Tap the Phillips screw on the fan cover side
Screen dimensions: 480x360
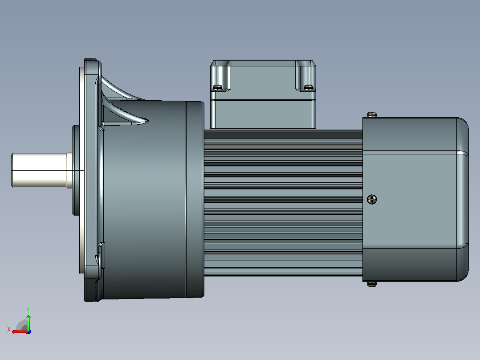[x=372, y=200]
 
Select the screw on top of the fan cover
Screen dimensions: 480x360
[x=372, y=115]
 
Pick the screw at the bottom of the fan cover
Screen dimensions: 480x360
[x=372, y=284]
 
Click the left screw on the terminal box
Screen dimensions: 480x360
[x=218, y=87]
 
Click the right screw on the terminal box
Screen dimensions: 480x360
[x=308, y=87]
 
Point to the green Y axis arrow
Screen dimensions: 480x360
[x=28, y=322]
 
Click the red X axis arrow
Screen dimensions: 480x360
[x=20, y=332]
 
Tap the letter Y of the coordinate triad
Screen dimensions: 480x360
[x=28, y=310]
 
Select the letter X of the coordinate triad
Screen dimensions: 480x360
[x=9, y=329]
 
